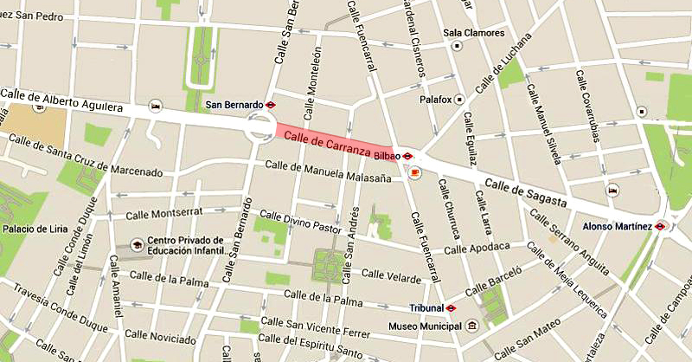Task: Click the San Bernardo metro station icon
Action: click(271, 104)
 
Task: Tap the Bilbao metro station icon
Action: click(408, 157)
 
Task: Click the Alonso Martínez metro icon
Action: click(661, 226)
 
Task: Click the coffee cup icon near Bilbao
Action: click(414, 172)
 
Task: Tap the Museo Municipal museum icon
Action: click(472, 326)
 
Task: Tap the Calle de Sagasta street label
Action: click(526, 193)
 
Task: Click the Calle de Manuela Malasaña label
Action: click(332, 171)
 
